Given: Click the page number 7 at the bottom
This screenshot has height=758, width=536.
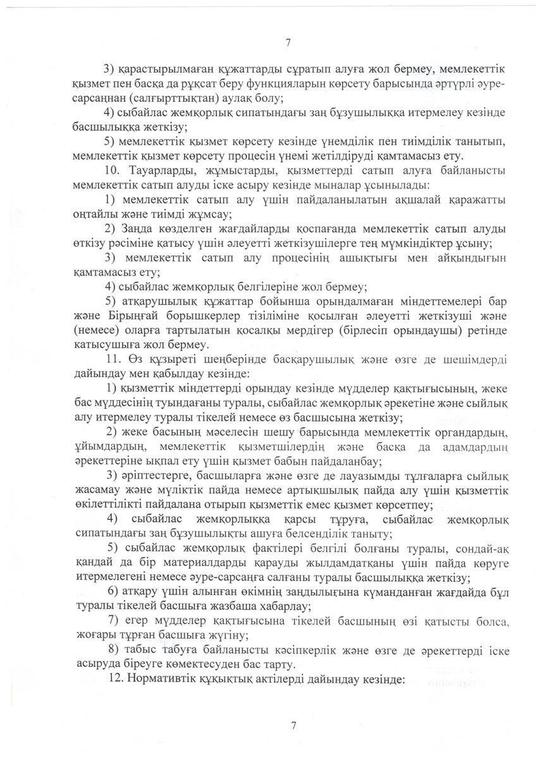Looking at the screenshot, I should point(293,725).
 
